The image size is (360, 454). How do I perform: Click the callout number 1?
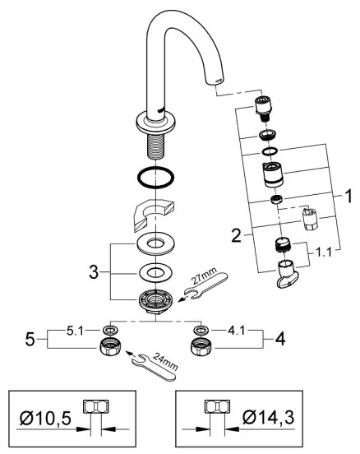[348, 198]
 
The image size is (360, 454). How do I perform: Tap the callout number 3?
[96, 271]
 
